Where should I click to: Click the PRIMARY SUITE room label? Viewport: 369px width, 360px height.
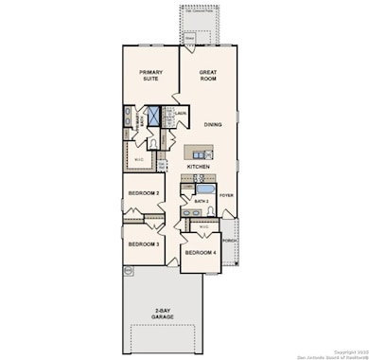(x=150, y=77)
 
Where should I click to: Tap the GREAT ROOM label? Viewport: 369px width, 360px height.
(x=208, y=77)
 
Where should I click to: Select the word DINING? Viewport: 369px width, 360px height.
(x=213, y=122)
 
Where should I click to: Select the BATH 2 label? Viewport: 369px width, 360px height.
(x=200, y=200)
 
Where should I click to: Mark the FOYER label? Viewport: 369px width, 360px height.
(x=226, y=195)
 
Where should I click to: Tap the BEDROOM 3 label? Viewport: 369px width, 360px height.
(x=143, y=243)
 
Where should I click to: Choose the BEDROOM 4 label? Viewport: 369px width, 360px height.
(x=200, y=253)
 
